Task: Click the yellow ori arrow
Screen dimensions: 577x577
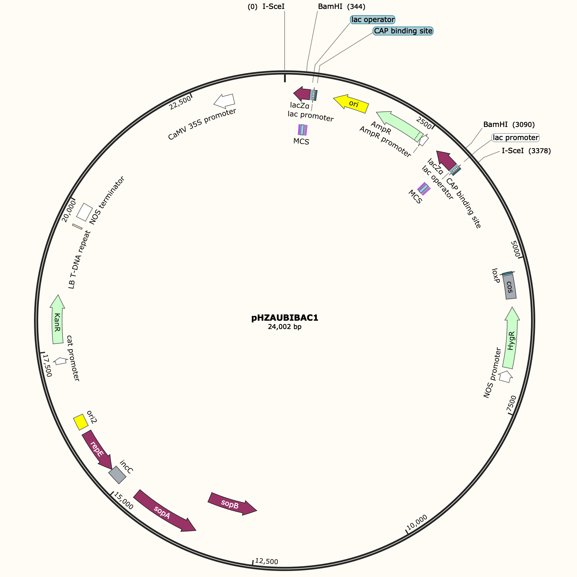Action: (351, 104)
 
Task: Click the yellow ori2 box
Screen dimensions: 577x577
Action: (81, 422)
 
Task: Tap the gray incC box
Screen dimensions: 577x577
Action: (118, 475)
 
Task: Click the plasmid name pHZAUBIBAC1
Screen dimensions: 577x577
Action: (285, 318)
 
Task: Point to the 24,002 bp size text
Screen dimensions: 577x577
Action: (285, 327)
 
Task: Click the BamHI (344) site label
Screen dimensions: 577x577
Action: (341, 7)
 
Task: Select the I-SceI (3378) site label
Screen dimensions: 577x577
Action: (526, 151)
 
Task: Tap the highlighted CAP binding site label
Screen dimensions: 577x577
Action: (403, 31)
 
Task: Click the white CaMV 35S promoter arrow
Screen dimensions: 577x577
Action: (225, 101)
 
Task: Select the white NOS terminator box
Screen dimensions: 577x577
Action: (84, 212)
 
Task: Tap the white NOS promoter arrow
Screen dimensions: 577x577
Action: (506, 377)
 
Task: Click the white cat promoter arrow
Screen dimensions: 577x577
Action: (61, 361)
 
